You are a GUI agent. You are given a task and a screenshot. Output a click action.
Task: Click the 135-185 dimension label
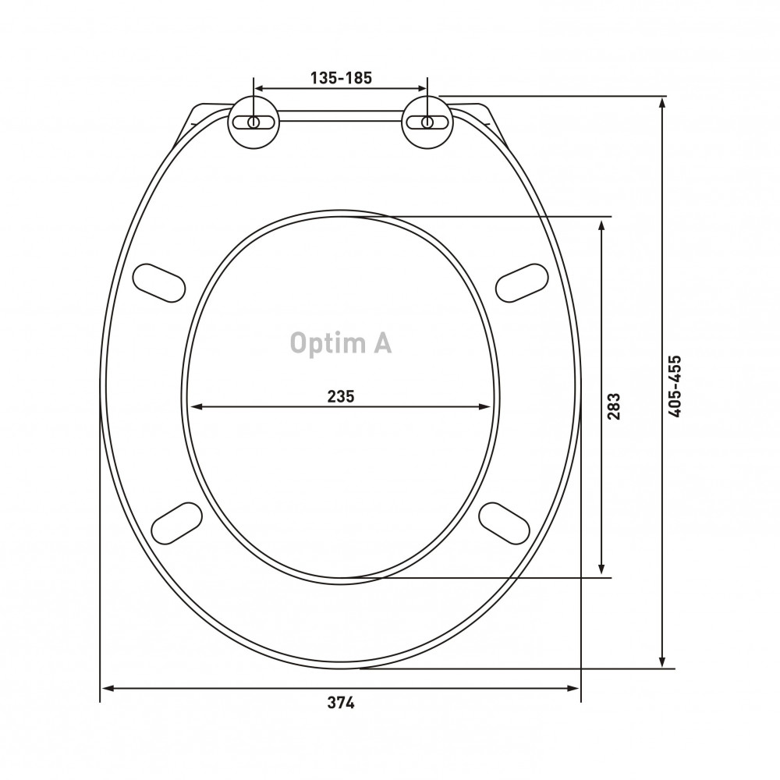(x=342, y=78)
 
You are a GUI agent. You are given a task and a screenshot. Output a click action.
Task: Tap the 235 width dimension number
(x=341, y=396)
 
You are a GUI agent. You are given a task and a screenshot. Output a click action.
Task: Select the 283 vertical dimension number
(x=614, y=406)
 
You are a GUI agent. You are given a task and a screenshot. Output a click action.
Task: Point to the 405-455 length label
(x=675, y=386)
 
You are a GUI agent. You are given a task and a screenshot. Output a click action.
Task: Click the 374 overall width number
(x=341, y=703)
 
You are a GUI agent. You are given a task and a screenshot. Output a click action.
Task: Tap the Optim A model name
(x=341, y=343)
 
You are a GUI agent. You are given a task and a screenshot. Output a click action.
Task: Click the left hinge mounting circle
(x=253, y=122)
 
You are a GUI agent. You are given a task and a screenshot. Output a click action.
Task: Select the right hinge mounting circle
(x=427, y=122)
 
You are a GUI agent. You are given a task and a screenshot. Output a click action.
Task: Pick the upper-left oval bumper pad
(x=159, y=282)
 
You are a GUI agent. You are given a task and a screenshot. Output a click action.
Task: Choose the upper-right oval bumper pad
(x=522, y=282)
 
